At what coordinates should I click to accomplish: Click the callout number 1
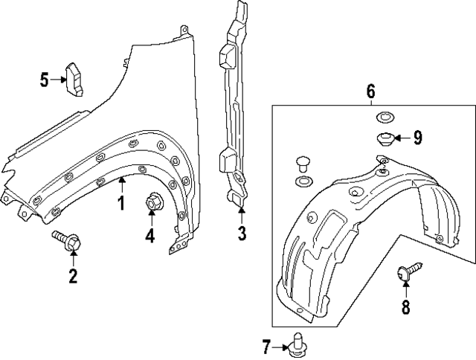point(120,202)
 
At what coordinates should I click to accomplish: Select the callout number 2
point(73,277)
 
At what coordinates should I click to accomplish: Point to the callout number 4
point(149,236)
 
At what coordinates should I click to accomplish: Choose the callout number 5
point(45,79)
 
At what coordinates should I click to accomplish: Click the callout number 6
point(370,92)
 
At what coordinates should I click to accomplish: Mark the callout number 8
point(406,307)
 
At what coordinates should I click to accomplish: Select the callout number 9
point(417,137)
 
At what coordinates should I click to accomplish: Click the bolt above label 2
point(68,240)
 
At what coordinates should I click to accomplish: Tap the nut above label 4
point(152,200)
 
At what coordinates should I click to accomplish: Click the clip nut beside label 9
point(385,138)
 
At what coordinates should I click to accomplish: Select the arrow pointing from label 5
point(59,79)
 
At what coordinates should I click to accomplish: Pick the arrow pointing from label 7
point(282,346)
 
